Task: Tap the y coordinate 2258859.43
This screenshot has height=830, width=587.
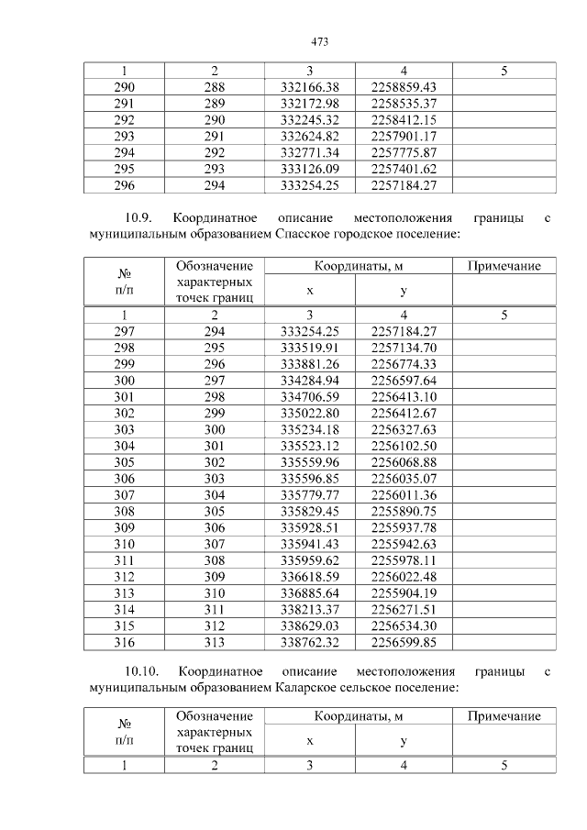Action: point(404,87)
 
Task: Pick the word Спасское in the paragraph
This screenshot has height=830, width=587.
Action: point(308,236)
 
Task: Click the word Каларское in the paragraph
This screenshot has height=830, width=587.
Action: point(311,686)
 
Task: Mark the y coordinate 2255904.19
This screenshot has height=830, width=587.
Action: point(404,594)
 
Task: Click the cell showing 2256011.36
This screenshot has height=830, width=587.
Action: point(404,495)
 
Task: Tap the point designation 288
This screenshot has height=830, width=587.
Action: point(214,87)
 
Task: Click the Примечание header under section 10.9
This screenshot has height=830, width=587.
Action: point(504,266)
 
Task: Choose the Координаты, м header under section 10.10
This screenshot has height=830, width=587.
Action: point(357,716)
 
